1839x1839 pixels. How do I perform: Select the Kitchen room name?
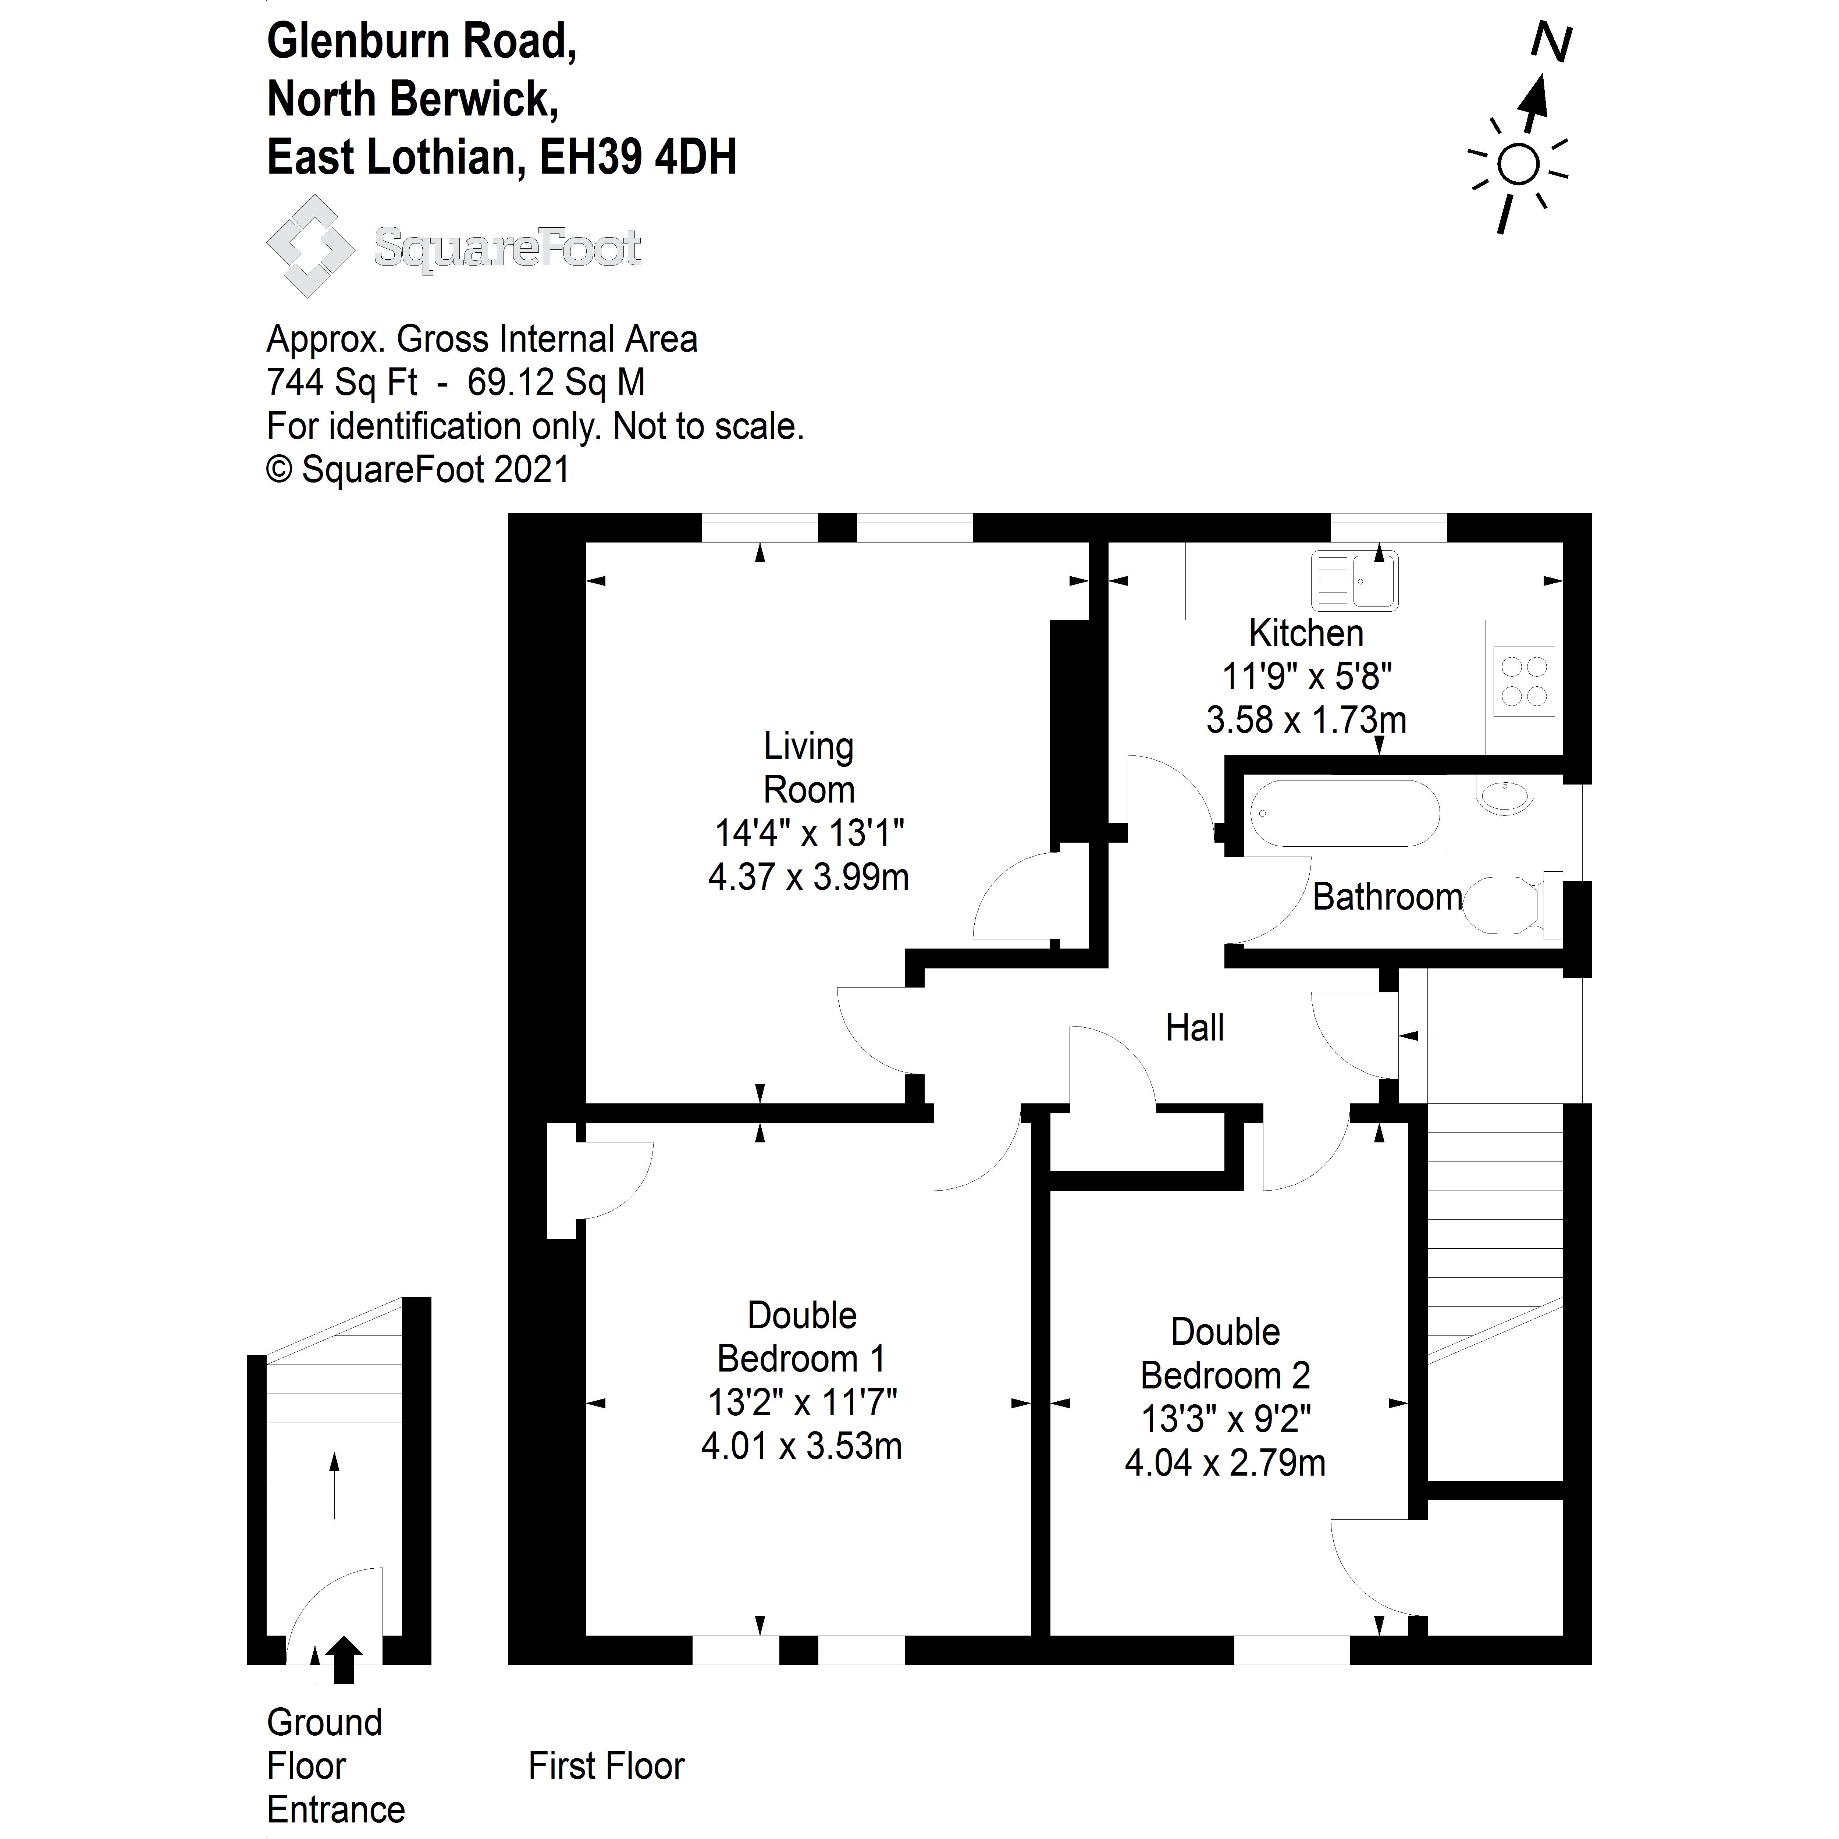click(1306, 633)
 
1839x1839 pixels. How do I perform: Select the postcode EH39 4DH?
click(638, 157)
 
